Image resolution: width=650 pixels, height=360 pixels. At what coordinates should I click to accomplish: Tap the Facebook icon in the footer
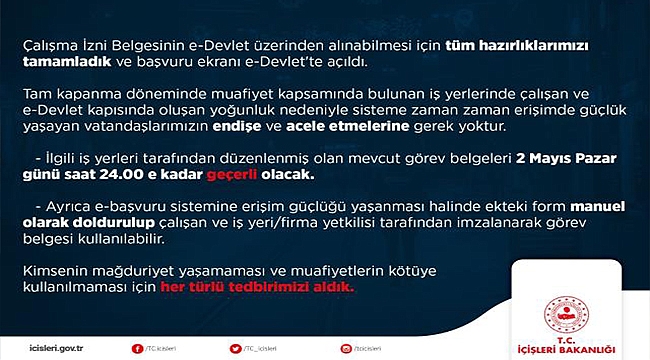tap(137, 348)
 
